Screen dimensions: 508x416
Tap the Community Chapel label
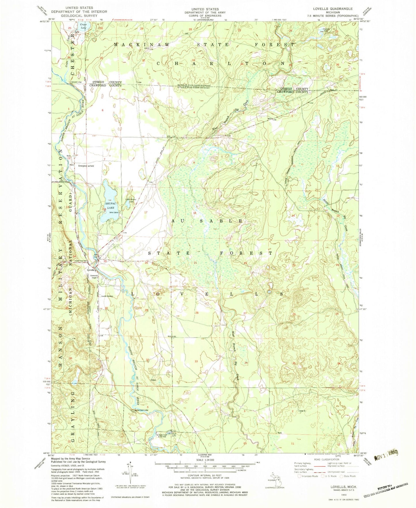tap(95, 277)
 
